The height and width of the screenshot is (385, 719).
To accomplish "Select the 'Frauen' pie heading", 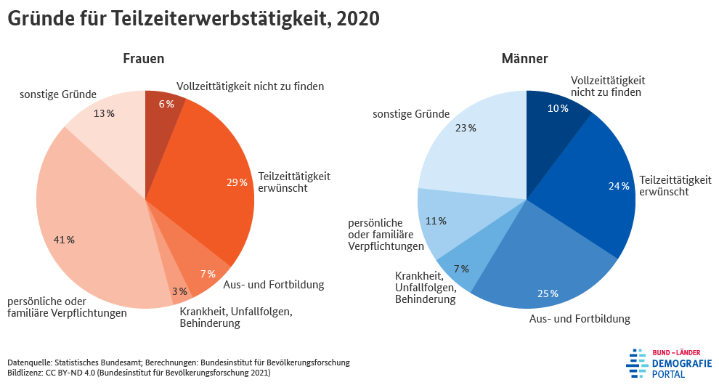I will [x=143, y=59].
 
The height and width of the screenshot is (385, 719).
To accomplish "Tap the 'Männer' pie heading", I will [x=524, y=59].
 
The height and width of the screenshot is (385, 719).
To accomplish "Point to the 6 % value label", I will [x=166, y=104].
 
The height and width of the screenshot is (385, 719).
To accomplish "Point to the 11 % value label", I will [x=438, y=221].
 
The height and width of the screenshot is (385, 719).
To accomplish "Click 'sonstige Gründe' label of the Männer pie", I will [x=411, y=114].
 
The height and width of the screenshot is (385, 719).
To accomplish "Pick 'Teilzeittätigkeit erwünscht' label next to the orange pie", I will [x=294, y=182].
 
